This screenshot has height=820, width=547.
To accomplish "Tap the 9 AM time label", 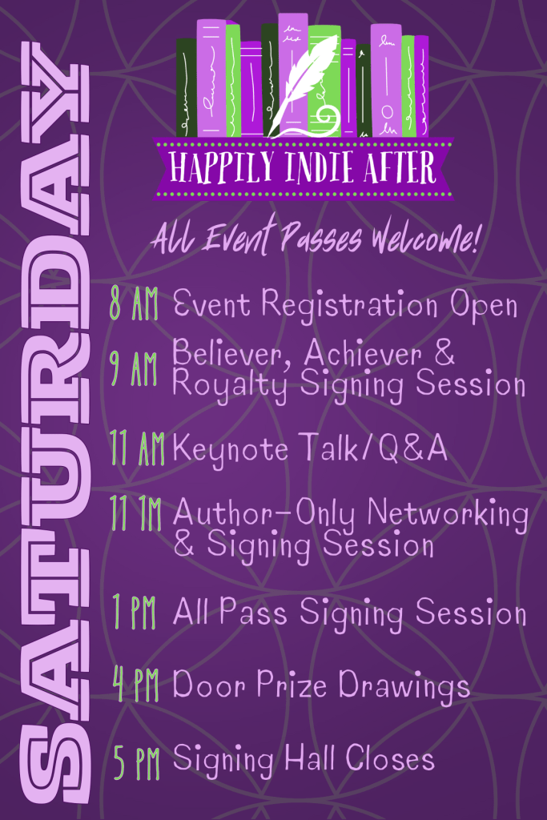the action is [134, 368].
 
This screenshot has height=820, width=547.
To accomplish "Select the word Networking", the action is [448, 514].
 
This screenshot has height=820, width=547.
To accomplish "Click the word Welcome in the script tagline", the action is [424, 239].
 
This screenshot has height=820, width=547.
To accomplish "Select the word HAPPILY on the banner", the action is [221, 167].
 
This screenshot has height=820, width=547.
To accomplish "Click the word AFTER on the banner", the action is [404, 168].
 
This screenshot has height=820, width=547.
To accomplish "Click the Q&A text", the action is [413, 448].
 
